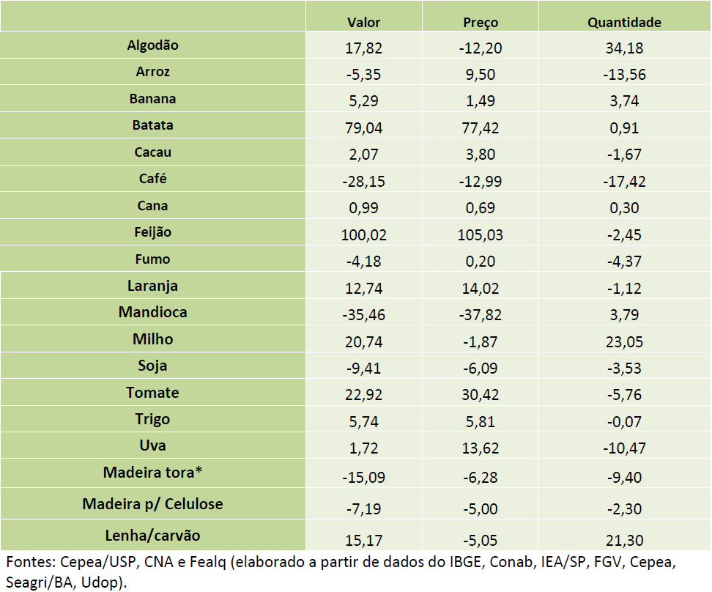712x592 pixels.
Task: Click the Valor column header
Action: [363, 22]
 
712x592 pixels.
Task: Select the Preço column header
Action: [481, 22]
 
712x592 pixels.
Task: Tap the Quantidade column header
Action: [624, 22]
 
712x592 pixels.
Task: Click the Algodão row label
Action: [152, 45]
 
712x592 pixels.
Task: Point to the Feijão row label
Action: [152, 232]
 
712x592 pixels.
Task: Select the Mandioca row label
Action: [152, 312]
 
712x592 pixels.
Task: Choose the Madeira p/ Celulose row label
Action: [152, 504]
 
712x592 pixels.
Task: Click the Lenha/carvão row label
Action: [152, 535]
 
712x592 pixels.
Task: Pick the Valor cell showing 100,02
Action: [363, 235]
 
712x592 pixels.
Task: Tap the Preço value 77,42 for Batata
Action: [481, 128]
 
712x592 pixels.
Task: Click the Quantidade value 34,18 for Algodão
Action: [624, 48]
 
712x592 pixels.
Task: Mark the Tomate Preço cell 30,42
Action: [481, 396]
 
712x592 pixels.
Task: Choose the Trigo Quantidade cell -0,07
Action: [624, 422]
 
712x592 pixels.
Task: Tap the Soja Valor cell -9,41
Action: [363, 369]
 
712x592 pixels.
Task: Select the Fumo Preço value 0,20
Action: [481, 262]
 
